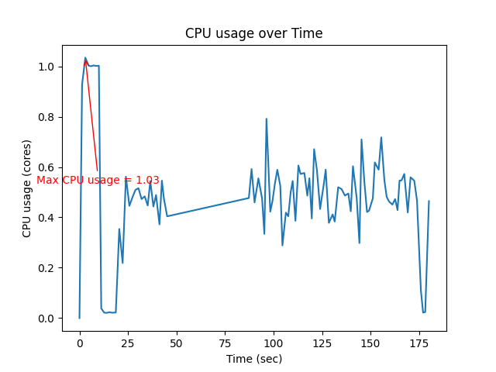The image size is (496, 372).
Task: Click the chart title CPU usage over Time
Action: (253, 33)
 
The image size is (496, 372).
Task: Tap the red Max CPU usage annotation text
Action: (98, 181)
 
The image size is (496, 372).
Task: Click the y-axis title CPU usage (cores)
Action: (27, 188)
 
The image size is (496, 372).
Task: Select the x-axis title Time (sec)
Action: (254, 359)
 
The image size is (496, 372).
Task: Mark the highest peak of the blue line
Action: (85, 58)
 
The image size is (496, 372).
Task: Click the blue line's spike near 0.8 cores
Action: (267, 119)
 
